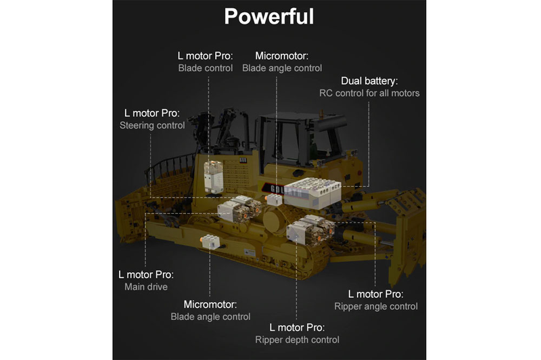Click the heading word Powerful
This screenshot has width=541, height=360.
coord(269,16)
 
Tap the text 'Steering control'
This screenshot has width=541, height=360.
coord(152,125)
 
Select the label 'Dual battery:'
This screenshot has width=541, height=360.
coord(369,81)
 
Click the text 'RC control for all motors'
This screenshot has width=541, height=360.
coord(369,93)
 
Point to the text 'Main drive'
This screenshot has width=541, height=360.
coord(145,288)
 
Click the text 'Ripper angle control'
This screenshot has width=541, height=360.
coord(376,307)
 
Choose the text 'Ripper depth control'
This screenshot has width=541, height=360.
coord(297,340)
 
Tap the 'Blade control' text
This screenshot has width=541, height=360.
coord(206,68)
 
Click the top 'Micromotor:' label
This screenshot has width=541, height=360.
coord(282,55)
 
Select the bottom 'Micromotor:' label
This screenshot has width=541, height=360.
coord(210,304)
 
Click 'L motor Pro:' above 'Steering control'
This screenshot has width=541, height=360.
coord(152,112)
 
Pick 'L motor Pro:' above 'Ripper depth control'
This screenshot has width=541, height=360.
coord(297,327)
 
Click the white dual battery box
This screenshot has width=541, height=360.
coord(312,193)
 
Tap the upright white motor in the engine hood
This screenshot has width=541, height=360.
coord(214,175)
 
